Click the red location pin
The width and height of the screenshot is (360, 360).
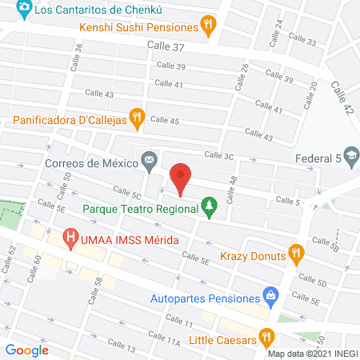tap(181, 177)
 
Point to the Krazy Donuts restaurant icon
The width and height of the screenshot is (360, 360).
tap(296, 256)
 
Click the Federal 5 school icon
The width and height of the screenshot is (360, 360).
tap(351, 158)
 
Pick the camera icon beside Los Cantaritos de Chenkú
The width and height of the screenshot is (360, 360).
tap(24, 9)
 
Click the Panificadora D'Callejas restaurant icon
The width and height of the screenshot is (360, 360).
tap(137, 119)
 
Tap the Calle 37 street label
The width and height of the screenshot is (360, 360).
tap(166, 48)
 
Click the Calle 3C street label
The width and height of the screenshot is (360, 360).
tap(218, 155)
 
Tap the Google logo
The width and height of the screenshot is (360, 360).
tap(26, 350)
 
